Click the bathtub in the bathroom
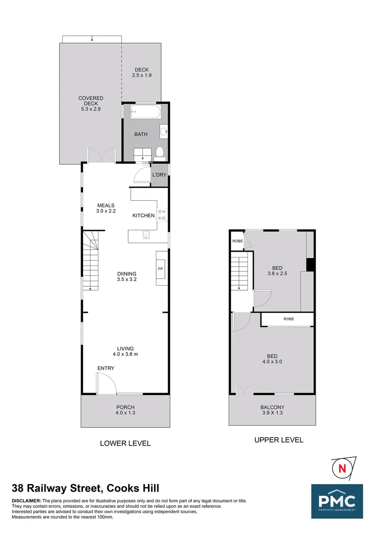tap(145, 112)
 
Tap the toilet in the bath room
tap(159, 152)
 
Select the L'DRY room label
tap(159, 176)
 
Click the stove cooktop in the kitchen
tap(161, 215)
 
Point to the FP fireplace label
tap(160, 268)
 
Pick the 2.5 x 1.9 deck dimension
tap(142, 76)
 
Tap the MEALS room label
tap(105, 206)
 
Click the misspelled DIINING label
tap(127, 273)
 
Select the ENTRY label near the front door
tap(106, 368)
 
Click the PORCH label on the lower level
tap(125, 407)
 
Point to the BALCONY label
tap(272, 407)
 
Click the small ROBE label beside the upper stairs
tap(237, 241)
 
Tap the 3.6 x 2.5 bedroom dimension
tap(277, 273)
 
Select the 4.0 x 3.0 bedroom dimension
tap(272, 361)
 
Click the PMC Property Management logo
tap(337, 501)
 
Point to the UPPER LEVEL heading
tap(279, 440)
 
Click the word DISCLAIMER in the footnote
tap(27, 501)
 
